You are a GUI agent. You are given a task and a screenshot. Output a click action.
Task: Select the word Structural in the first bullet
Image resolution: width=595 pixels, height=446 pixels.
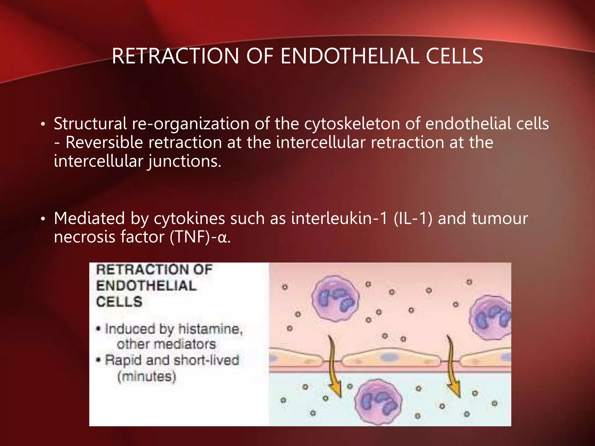(90, 124)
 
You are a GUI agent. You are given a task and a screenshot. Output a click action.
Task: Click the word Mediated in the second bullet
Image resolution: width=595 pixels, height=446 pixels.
(89, 218)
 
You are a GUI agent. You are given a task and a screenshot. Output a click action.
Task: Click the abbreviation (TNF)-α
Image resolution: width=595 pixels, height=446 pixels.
(200, 237)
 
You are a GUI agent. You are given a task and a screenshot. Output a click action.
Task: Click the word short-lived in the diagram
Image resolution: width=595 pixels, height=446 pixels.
(206, 360)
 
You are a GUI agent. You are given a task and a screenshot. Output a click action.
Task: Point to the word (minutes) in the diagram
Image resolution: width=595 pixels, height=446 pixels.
(147, 377)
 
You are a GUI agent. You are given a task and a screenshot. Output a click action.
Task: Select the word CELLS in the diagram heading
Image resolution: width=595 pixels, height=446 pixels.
(119, 302)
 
